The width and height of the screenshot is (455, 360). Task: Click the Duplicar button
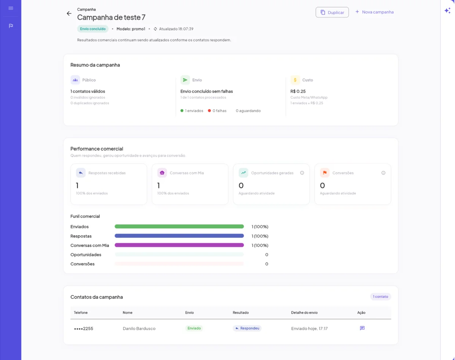coord(332,12)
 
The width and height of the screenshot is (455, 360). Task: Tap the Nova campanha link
coord(375,12)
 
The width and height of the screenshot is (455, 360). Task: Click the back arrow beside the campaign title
coord(69,14)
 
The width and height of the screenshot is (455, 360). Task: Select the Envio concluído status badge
coord(93,29)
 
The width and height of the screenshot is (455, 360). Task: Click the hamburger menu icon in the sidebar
coord(11,8)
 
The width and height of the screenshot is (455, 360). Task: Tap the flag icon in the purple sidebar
coord(11,26)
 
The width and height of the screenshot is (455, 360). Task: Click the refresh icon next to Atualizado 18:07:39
coord(155,29)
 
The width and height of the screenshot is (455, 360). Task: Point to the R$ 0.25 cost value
coord(298,91)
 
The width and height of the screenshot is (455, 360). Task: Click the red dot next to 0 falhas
coord(209,111)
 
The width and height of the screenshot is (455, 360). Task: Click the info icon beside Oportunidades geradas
coord(302,173)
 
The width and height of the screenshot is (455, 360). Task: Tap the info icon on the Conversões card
coord(383,173)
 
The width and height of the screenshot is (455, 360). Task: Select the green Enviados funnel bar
coord(179,226)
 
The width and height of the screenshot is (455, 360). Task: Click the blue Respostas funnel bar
coord(179,236)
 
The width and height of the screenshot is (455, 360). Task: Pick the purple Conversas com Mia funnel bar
coord(179,245)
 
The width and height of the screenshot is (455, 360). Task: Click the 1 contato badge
coord(380,297)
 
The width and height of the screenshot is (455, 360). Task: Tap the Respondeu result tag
coord(247,328)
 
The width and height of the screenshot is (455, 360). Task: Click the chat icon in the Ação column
coord(362,328)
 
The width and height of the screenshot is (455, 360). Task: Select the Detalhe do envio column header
coord(304,313)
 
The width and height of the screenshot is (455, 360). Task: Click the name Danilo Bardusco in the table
coord(139,329)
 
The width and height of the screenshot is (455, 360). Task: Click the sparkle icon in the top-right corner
coord(447,11)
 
